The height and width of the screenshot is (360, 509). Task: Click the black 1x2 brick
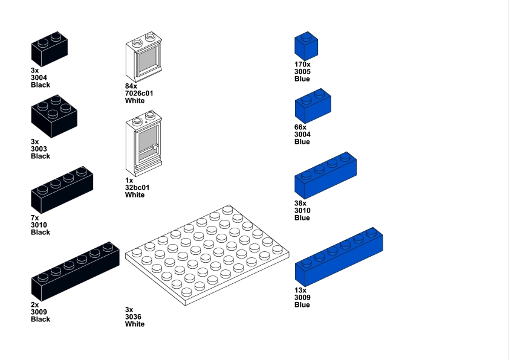tap(49, 50)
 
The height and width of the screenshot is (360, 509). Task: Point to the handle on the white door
tap(155, 146)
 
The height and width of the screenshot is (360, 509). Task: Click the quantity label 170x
tap(302, 64)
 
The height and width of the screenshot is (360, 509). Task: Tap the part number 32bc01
tap(137, 187)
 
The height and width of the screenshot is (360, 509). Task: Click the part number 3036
tap(133, 317)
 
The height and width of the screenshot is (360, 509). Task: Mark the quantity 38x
tap(300, 203)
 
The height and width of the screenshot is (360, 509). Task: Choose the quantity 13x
tap(300, 290)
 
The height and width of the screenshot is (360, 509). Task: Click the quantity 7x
tap(35, 217)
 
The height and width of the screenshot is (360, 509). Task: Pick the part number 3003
tap(39, 149)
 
